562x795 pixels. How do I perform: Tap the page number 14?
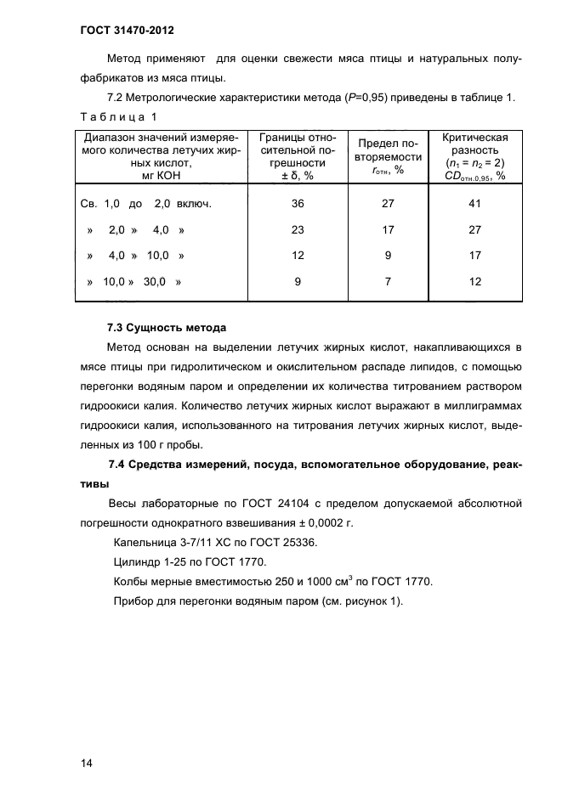point(86,764)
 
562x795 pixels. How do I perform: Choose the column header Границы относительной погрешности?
point(298,156)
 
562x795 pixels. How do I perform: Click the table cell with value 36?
point(298,205)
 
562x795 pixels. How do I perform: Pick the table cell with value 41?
point(475,205)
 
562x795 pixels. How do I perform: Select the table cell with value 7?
point(387,283)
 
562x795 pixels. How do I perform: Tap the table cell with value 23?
point(298,230)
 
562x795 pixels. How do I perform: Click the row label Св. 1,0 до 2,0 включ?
point(145,205)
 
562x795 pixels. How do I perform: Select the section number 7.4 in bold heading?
point(116,464)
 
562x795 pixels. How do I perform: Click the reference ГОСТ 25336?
point(286,543)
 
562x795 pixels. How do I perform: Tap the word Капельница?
point(144,543)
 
